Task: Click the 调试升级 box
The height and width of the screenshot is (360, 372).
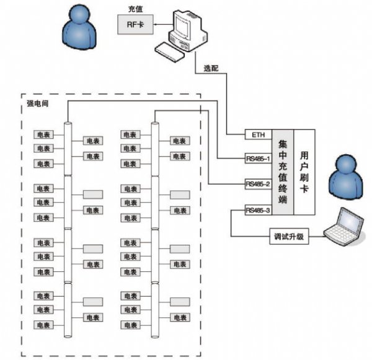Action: click(288, 236)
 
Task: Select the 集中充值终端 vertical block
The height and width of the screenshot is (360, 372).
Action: click(283, 172)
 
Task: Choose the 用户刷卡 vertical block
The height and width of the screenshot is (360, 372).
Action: click(304, 172)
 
